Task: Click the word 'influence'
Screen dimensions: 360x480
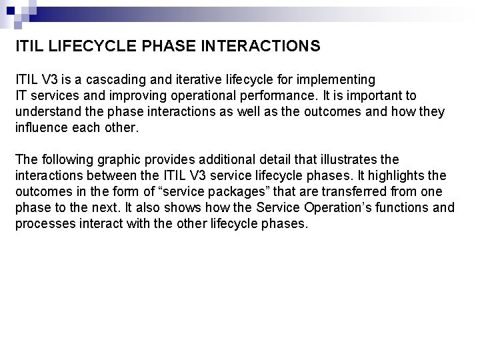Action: click(x=42, y=127)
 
